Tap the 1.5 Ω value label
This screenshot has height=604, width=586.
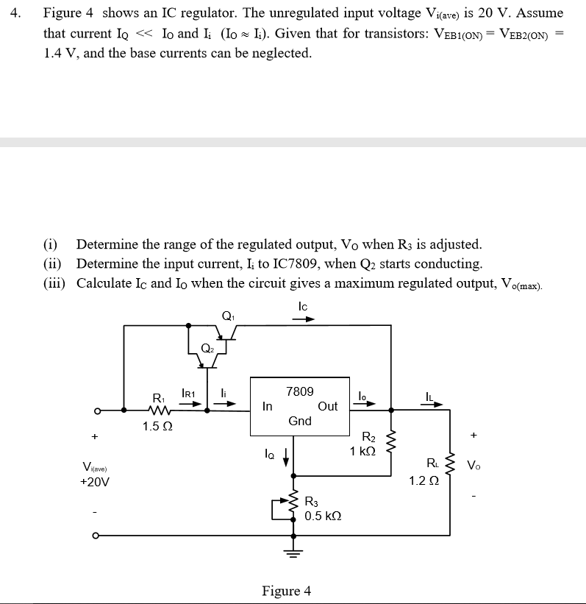click(157, 427)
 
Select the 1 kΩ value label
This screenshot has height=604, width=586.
click(363, 451)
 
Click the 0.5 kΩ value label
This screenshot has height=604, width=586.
click(323, 516)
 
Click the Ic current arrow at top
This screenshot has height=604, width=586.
click(303, 319)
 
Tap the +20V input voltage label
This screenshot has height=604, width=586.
click(94, 482)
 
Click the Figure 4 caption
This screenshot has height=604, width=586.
click(286, 591)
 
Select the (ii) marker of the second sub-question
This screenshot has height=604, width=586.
click(52, 263)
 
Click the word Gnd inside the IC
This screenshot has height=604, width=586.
click(299, 421)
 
